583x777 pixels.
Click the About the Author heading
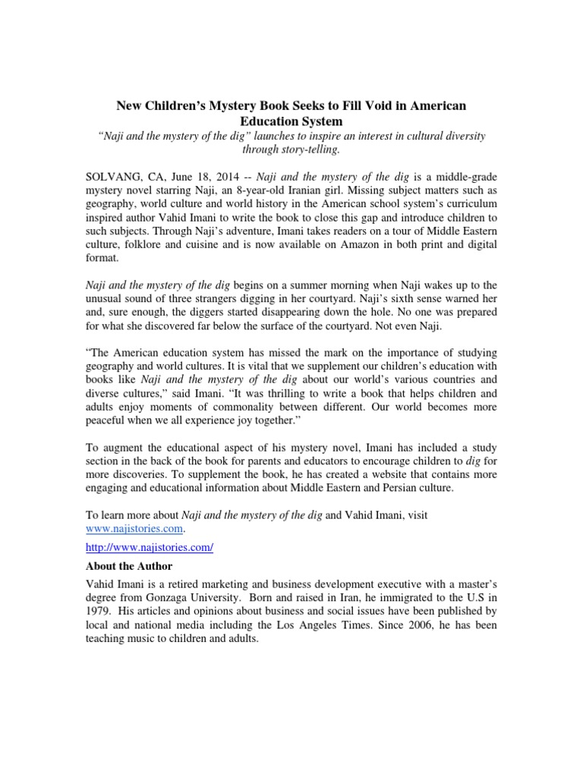coord(128,566)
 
